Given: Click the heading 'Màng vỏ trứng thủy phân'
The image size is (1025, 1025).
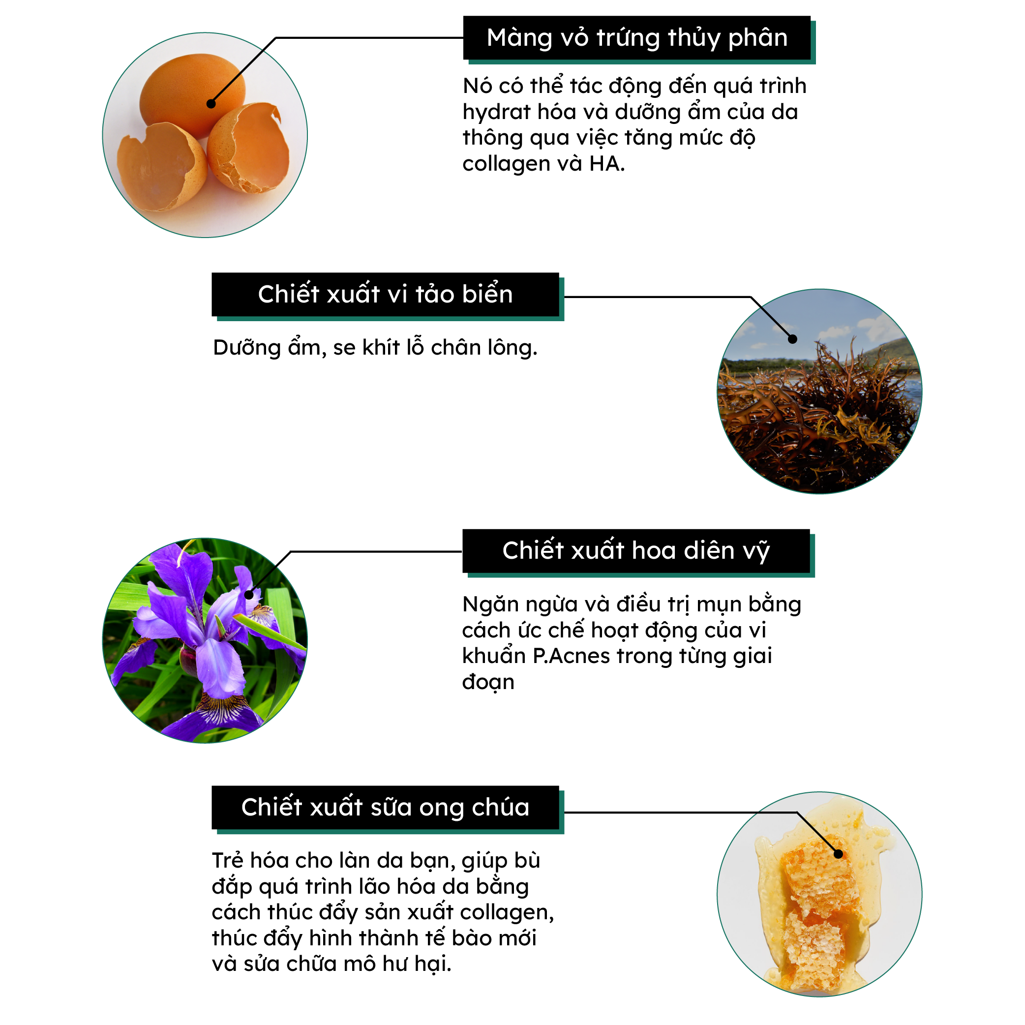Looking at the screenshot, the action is (636, 38).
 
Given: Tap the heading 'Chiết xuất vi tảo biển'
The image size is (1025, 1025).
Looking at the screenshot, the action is (385, 295).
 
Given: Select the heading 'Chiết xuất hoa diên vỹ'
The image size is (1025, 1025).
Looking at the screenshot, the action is (635, 551).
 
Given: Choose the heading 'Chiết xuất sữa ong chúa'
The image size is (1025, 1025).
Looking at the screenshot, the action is (385, 808).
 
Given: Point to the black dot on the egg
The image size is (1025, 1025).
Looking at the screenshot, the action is (211, 104).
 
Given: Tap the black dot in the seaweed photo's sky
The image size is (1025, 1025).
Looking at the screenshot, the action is (793, 339).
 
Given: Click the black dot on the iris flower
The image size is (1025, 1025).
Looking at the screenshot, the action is (249, 595).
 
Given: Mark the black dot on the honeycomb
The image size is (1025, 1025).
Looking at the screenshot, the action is (838, 854).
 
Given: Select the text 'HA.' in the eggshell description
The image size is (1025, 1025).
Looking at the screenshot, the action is (607, 164).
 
